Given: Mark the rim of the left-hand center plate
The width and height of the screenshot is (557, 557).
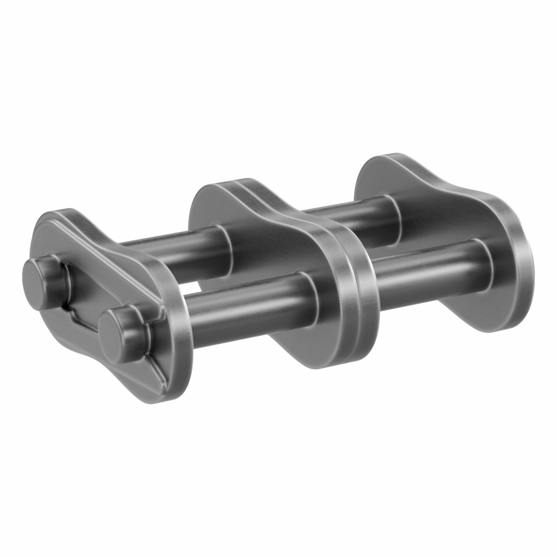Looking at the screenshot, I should (337, 288).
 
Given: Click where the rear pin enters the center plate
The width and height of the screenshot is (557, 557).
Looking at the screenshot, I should (226, 245).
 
